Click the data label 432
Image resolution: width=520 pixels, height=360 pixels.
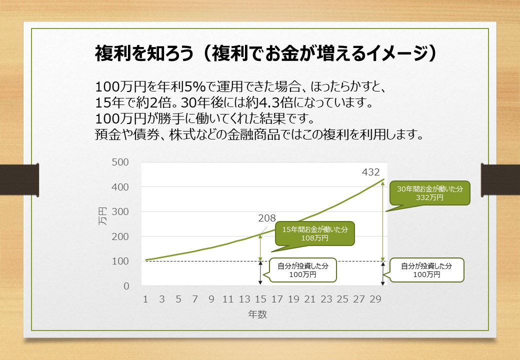(371, 172)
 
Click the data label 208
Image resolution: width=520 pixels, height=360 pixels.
(267, 218)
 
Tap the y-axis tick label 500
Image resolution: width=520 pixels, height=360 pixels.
(120, 162)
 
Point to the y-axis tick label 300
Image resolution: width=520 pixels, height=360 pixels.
(120, 212)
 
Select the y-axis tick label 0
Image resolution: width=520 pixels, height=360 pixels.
(126, 286)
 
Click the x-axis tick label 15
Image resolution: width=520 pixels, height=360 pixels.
(260, 299)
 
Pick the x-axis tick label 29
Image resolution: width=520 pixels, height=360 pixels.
(375, 299)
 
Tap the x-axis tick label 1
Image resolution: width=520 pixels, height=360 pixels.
(145, 299)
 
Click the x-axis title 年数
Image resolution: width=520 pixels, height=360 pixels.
(257, 314)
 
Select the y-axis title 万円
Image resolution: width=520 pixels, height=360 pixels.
(103, 216)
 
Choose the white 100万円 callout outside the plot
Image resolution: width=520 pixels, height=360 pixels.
(426, 270)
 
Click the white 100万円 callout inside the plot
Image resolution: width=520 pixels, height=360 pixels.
(303, 270)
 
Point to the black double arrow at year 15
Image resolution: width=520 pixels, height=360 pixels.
(260, 273)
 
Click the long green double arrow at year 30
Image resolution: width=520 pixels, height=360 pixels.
(383, 221)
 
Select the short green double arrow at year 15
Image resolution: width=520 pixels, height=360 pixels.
(260, 247)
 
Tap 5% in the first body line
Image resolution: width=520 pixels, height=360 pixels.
(195, 86)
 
